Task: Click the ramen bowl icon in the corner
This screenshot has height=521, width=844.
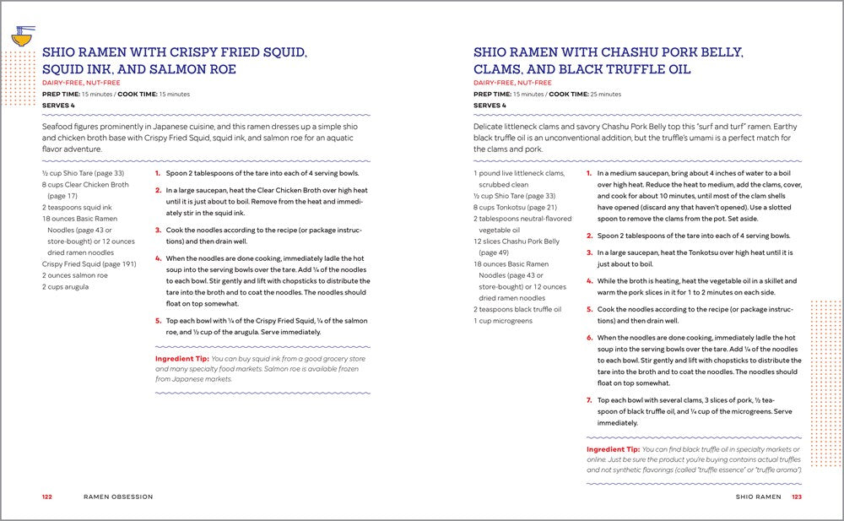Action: tap(22, 36)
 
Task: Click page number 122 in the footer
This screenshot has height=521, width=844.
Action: tap(47, 497)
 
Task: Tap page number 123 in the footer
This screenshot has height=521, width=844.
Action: tap(796, 497)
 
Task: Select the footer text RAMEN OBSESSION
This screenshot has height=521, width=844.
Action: tap(118, 497)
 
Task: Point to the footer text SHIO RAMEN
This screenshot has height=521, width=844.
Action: tap(758, 497)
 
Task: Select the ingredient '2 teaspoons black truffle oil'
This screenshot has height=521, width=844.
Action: tap(517, 309)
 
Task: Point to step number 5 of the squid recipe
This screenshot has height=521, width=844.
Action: tap(158, 321)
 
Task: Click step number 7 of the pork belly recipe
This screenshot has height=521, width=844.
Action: tap(589, 400)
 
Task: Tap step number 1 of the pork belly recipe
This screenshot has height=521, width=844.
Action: tap(589, 173)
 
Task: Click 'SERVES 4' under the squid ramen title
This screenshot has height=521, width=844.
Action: tap(58, 105)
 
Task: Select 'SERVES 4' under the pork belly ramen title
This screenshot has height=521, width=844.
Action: tap(490, 105)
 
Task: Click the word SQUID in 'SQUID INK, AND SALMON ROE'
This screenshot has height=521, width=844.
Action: tap(62, 69)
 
